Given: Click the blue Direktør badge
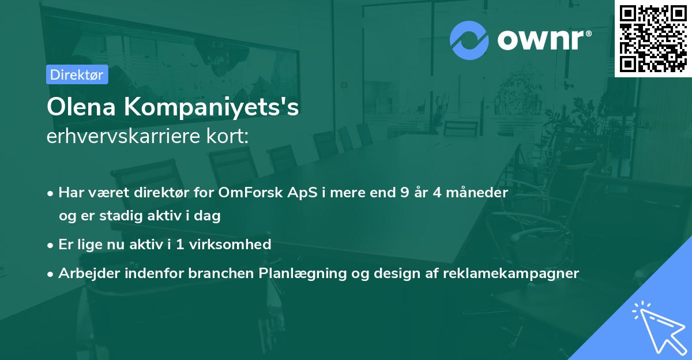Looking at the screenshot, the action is click(77, 74).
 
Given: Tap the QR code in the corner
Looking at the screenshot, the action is click(653, 39).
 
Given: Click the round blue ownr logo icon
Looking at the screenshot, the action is click(469, 40).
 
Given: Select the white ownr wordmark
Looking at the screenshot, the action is click(544, 40).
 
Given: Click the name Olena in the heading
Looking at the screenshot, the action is click(81, 107).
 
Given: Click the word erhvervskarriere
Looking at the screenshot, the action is click(123, 136).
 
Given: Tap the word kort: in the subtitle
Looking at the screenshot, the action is click(227, 136).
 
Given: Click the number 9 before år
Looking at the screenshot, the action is click(405, 193).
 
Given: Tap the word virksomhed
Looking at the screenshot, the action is click(230, 244).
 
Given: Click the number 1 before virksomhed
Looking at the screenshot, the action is click(180, 245).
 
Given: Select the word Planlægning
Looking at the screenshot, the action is click(302, 273).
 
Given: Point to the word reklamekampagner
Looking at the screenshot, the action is click(511, 273).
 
